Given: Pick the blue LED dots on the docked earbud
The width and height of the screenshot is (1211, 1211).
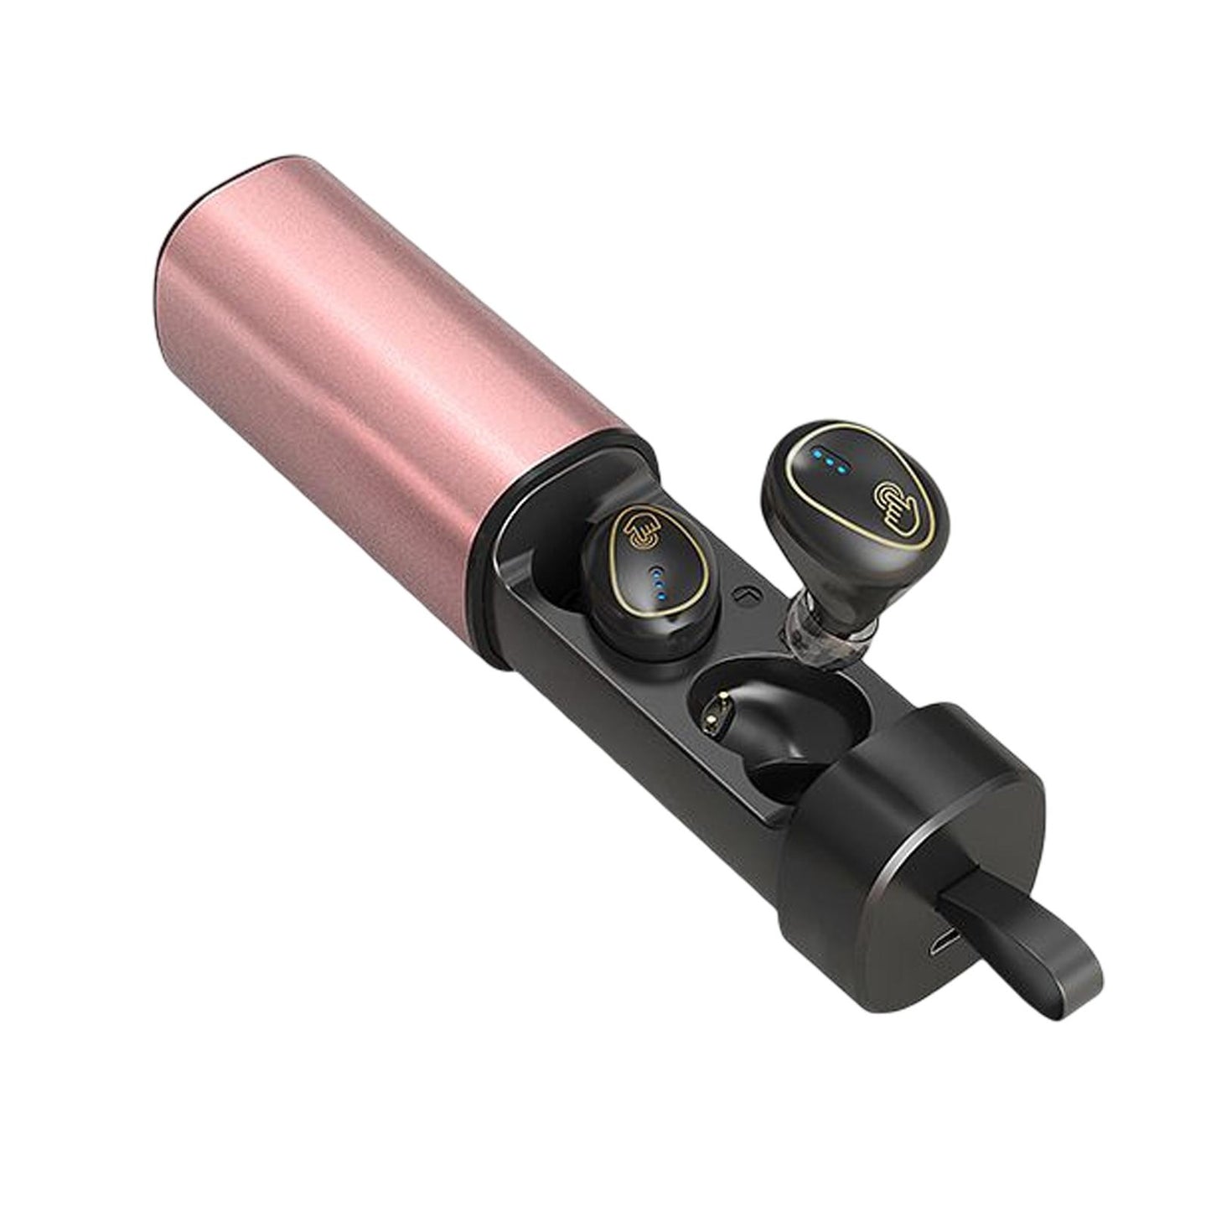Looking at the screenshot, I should click(660, 580).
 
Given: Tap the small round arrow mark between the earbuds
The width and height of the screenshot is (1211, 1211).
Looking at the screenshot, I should click(741, 596).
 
